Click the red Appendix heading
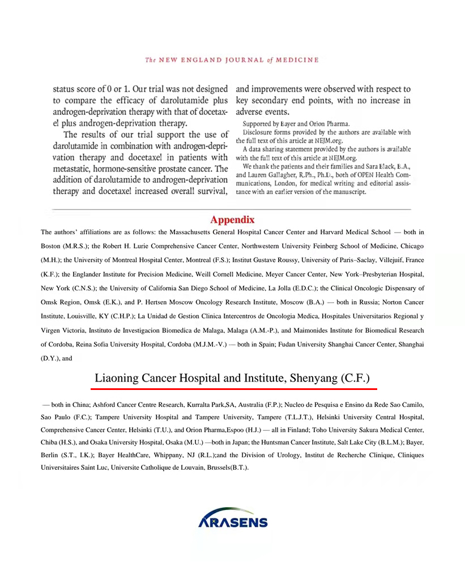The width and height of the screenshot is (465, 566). (232, 220)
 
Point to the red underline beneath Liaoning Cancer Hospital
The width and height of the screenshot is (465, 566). (234, 389)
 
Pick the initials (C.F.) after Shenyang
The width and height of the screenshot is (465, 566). (356, 378)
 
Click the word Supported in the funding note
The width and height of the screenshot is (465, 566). (259, 123)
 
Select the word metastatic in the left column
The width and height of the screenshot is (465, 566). (74, 169)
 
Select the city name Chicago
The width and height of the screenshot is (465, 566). (412, 246)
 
